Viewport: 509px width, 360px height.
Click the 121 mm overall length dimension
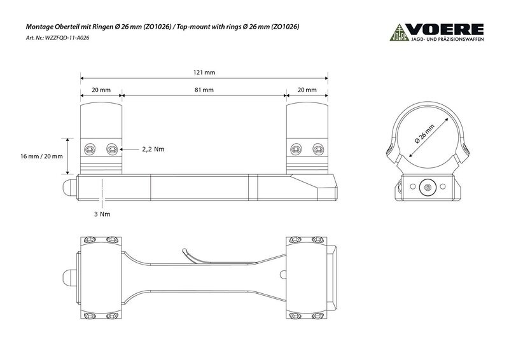204,73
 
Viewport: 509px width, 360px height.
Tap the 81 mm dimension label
204,90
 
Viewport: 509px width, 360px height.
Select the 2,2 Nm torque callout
153,149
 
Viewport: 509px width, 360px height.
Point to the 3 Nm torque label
102,214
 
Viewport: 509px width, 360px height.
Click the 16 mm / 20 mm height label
41,156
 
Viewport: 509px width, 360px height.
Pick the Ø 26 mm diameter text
424,134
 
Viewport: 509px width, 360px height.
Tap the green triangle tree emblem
400,32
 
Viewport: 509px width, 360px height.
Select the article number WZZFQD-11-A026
67,38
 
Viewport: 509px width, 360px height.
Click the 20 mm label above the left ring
101,90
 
